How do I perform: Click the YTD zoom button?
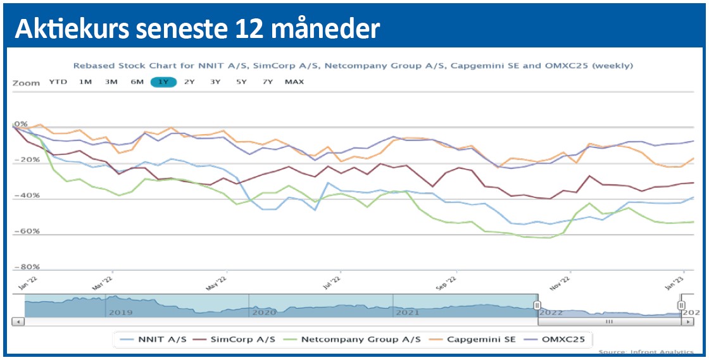[58, 82]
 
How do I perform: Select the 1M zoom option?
[85, 82]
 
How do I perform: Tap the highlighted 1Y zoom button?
[163, 82]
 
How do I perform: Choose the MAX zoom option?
[294, 82]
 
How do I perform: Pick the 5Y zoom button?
[241, 82]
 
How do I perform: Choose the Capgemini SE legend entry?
[477, 340]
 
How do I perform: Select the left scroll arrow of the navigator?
[18, 322]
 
